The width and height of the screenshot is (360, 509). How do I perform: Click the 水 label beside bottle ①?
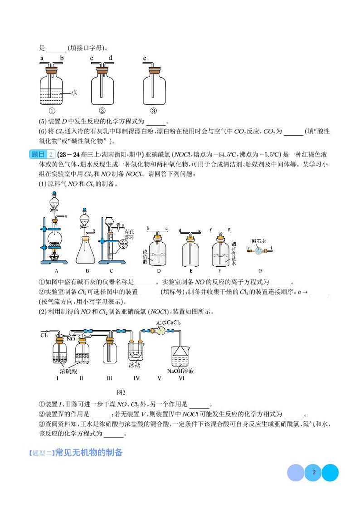74,92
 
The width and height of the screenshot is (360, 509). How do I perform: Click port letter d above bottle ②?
111,58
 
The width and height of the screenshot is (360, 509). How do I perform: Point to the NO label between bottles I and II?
71,338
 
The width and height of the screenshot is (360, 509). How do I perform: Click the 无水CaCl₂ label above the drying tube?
168,323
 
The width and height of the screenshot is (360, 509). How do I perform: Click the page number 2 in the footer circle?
313,472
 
